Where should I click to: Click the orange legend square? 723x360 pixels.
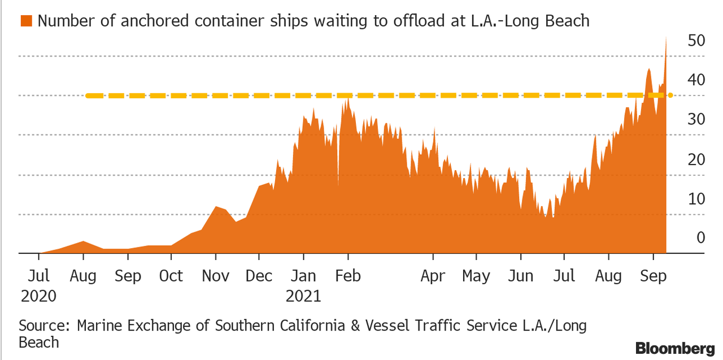[25, 21]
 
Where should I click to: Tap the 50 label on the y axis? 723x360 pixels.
[695, 41]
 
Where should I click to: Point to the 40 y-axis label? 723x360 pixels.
[695, 80]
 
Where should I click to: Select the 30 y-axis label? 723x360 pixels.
[695, 120]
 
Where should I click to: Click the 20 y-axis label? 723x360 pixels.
[695, 159]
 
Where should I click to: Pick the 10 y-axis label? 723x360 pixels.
[695, 199]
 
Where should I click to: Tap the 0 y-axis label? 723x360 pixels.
[700, 238]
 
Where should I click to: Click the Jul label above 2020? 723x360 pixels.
[39, 276]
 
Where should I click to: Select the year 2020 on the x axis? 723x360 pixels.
[39, 296]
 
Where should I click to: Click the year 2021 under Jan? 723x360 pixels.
[303, 296]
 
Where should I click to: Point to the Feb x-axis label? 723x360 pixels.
[347, 276]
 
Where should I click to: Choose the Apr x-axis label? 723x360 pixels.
[433, 276]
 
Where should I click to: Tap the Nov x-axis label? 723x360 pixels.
[215, 276]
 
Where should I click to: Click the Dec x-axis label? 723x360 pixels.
[259, 276]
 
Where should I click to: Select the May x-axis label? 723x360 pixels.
[476, 276]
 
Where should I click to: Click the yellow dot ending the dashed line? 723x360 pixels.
[670, 95]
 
